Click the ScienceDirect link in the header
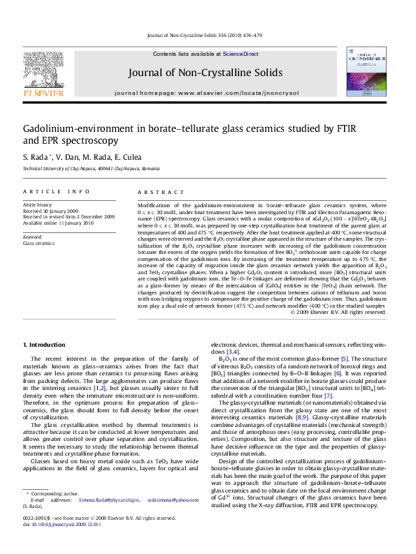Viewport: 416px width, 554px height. [240, 54]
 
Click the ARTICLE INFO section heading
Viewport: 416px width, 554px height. [56, 191]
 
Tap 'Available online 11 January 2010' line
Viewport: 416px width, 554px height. [59, 221]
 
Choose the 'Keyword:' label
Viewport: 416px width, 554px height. [34, 237]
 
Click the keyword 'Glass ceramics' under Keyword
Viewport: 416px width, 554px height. [39, 244]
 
